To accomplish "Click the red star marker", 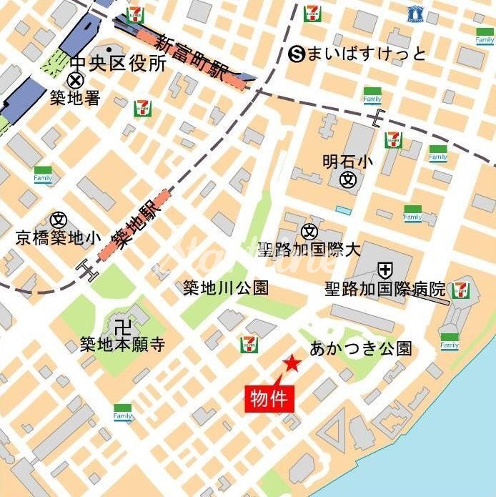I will tap(291, 364).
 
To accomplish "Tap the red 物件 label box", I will tap(269, 398).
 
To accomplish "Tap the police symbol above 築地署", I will tap(74, 81).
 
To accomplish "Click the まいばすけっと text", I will tap(367, 54).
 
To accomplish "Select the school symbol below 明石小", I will tap(348, 179).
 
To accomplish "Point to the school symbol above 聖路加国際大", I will tap(309, 231).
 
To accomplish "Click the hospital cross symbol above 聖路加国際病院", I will tap(385, 270).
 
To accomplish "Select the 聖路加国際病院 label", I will tap(385, 290).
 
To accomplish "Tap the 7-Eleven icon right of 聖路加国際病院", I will tap(461, 290).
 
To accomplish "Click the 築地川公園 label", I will tap(226, 288).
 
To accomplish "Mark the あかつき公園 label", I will tap(361, 348).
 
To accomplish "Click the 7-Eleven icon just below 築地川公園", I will tap(249, 345).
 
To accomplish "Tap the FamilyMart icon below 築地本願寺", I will tap(123, 413).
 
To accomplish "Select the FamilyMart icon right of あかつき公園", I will tap(449, 343).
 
